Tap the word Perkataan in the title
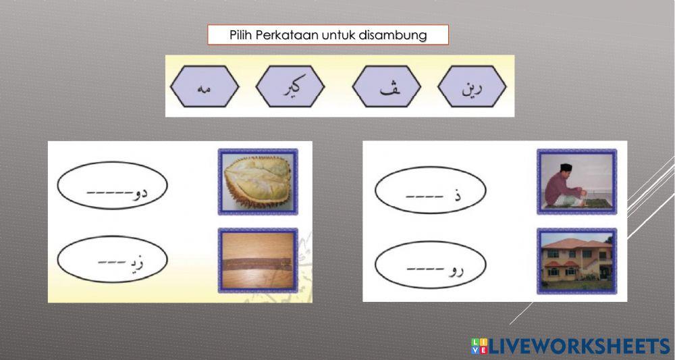coord(284,35)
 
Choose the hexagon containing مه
coord(204,86)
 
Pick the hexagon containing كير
coord(290,86)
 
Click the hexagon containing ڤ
coord(387,86)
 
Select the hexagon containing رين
coord(472,86)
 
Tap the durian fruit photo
coord(258,182)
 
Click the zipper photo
coord(258,260)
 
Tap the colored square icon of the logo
coord(479,346)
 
